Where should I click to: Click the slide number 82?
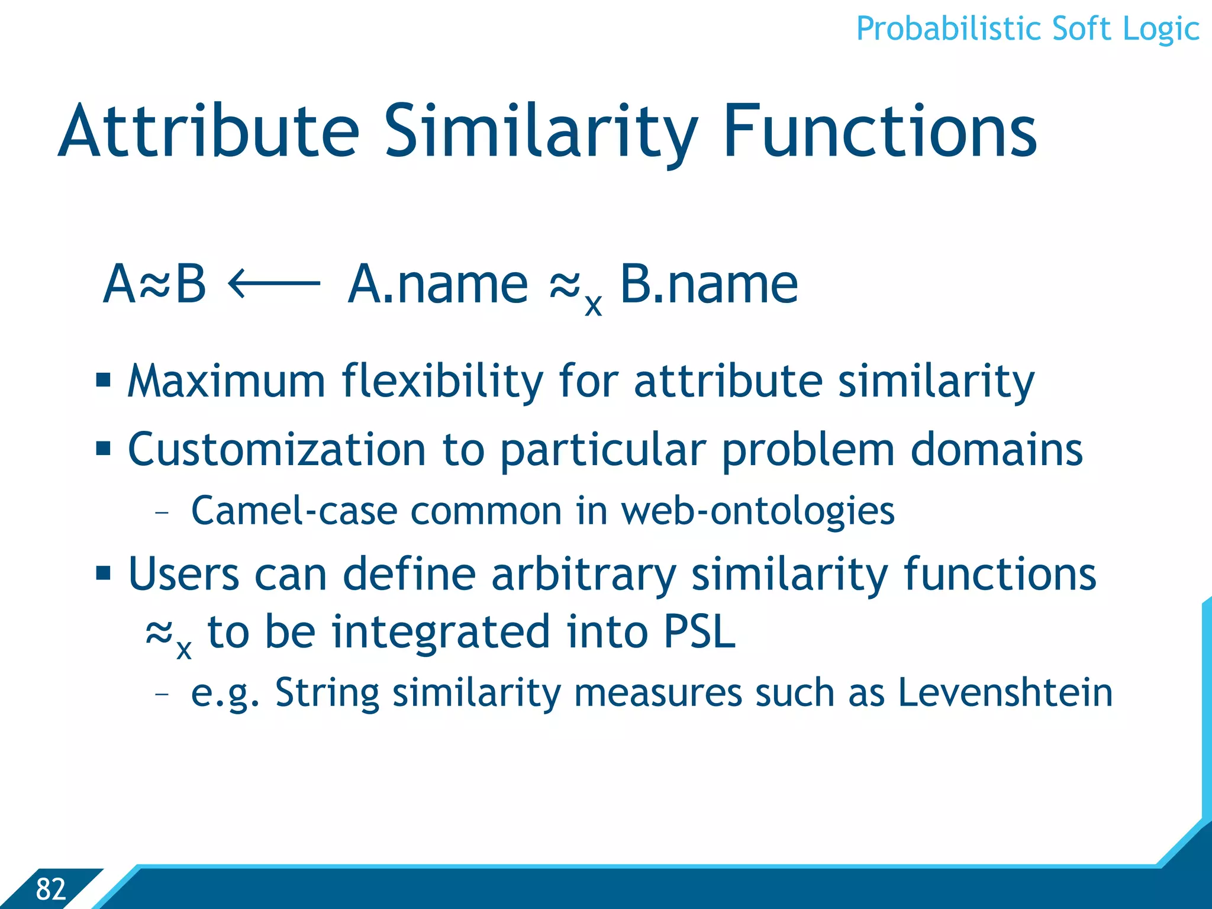pyautogui.click(x=50, y=889)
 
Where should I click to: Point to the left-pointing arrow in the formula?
pyautogui.click(x=274, y=285)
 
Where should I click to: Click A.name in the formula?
pyautogui.click(x=437, y=285)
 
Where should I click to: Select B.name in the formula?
pyautogui.click(x=708, y=285)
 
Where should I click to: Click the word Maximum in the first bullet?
pyautogui.click(x=226, y=381)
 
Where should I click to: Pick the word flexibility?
pyautogui.click(x=442, y=381)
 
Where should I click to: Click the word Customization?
pyautogui.click(x=276, y=450)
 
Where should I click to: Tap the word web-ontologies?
pyautogui.click(x=757, y=511)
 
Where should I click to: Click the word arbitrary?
pyautogui.click(x=584, y=574)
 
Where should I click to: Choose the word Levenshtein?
pyautogui.click(x=1005, y=692)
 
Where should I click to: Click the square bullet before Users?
pyautogui.click(x=104, y=573)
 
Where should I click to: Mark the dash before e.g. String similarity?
pyautogui.click(x=162, y=692)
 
